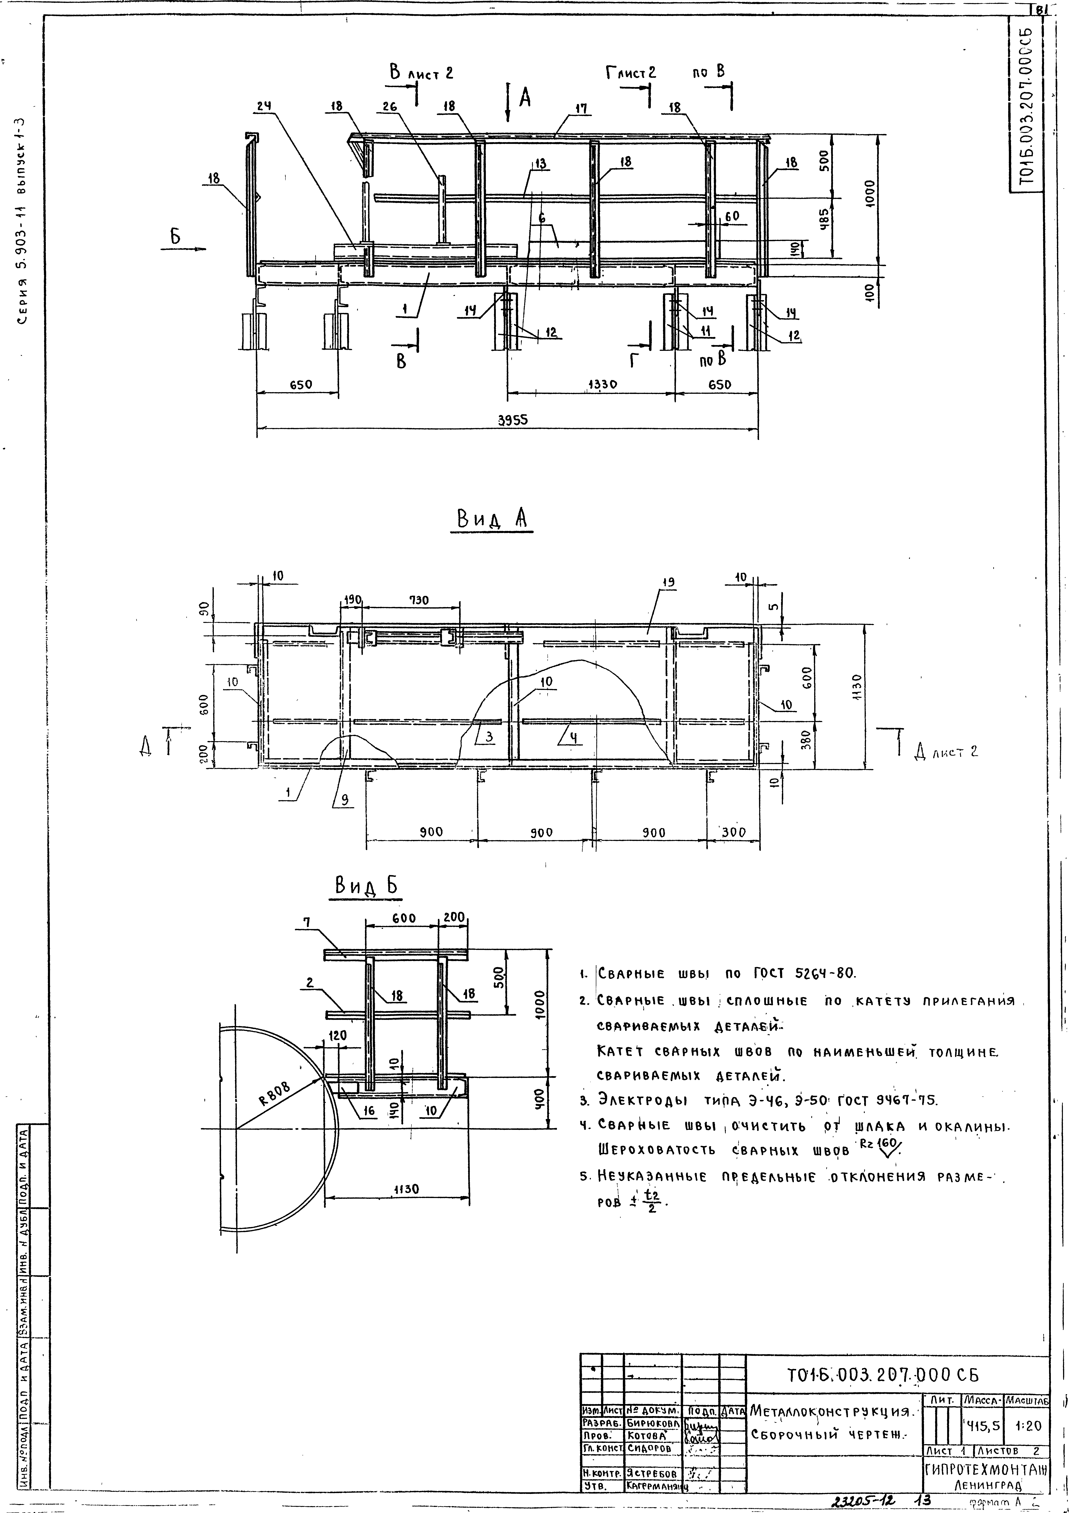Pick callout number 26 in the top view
click(389, 105)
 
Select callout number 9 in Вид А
click(344, 801)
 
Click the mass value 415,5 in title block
click(982, 1425)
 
